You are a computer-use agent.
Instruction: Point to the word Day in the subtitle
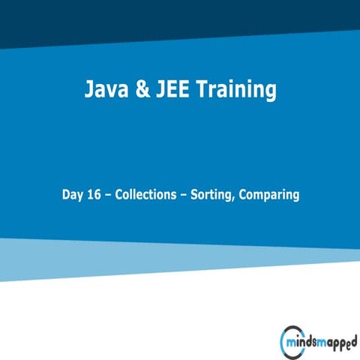click(x=72, y=195)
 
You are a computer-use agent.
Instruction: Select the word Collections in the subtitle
click(x=146, y=195)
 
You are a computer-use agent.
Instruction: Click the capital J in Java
click(x=88, y=91)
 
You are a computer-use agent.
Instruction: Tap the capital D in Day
click(x=66, y=195)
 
